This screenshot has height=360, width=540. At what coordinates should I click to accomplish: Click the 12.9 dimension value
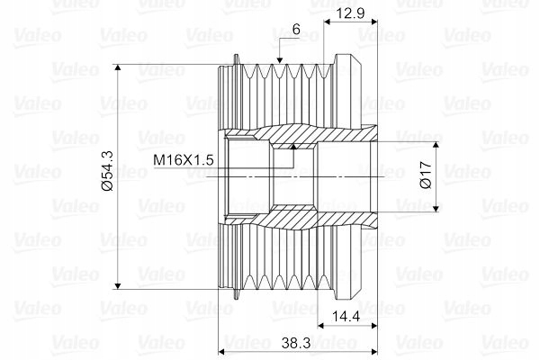(351, 13)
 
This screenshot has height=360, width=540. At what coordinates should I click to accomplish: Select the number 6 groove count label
(296, 30)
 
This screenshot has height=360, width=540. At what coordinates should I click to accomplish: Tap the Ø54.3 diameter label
(108, 171)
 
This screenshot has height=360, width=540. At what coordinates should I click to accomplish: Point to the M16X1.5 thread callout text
(184, 160)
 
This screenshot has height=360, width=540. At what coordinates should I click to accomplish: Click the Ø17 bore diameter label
(426, 175)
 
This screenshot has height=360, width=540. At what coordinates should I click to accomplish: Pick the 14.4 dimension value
(346, 316)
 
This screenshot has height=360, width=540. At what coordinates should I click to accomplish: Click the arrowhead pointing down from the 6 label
(280, 60)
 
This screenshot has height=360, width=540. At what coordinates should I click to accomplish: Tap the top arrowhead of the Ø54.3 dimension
(118, 67)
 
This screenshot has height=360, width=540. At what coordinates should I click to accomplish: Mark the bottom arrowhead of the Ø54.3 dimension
(118, 285)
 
